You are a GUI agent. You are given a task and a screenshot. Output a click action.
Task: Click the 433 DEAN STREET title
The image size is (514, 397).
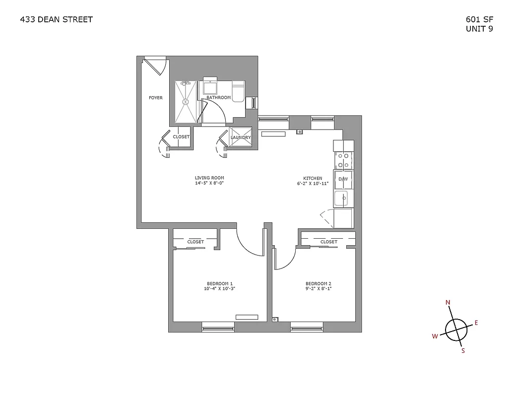(x=56, y=20)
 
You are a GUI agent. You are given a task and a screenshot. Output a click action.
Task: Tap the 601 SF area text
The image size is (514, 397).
(x=479, y=20)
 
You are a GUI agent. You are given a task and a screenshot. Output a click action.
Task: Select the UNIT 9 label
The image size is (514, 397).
(x=479, y=29)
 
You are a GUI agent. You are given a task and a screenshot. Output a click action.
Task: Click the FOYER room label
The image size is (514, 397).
(x=156, y=98)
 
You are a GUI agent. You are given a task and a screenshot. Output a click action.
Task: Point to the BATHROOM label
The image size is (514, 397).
(x=218, y=98)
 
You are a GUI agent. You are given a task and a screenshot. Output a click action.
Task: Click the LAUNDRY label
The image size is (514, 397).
(x=241, y=137)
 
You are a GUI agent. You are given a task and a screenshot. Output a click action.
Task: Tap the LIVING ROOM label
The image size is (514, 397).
(x=210, y=178)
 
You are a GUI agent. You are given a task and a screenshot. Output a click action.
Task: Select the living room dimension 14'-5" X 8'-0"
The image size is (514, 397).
(x=210, y=183)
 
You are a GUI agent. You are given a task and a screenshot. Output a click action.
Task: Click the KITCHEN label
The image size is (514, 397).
(x=313, y=178)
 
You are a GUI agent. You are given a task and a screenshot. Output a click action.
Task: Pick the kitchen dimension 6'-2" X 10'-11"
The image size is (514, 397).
(x=313, y=184)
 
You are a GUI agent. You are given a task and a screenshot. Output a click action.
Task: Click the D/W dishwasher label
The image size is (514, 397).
(x=343, y=179)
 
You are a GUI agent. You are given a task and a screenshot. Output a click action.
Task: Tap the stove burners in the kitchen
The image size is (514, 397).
(x=343, y=160)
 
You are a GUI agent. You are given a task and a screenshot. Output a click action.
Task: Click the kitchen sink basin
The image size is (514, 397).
(x=341, y=198)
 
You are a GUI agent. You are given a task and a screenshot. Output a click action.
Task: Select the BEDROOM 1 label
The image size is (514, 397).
(x=219, y=283)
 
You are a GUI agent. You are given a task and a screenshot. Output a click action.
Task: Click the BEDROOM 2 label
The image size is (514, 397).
(x=318, y=283)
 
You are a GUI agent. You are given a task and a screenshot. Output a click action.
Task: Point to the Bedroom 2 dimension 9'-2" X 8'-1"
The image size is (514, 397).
(x=318, y=288)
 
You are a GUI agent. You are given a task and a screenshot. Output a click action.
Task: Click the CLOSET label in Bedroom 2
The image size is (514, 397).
(x=328, y=242)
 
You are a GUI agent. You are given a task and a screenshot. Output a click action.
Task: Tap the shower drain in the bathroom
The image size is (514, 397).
(x=187, y=101)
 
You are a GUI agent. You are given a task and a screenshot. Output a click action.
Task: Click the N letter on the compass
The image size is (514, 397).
(x=448, y=302)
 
